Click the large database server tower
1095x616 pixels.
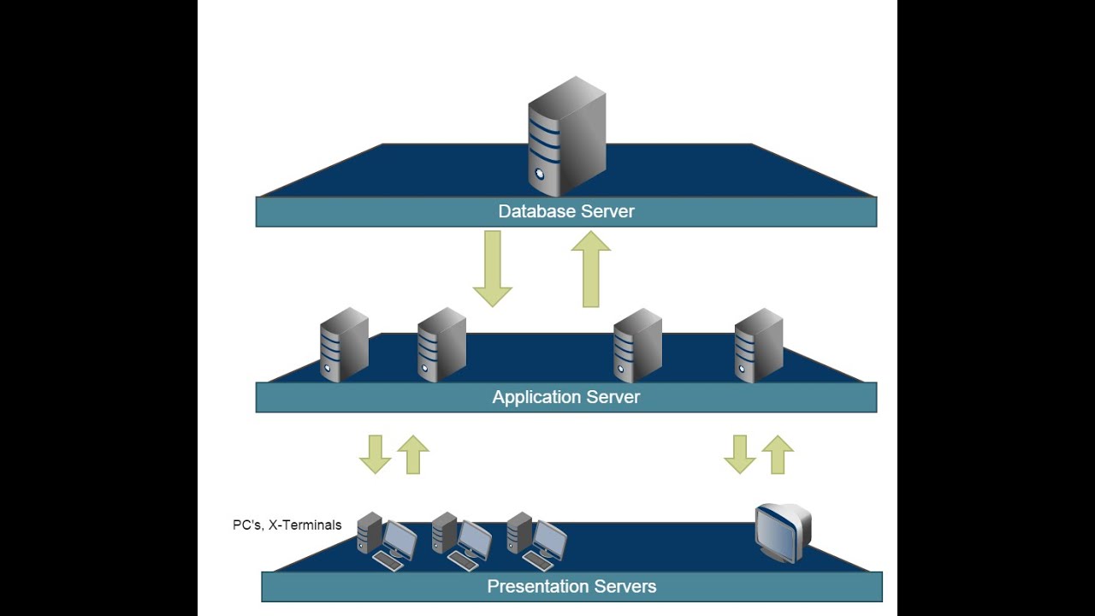(566, 137)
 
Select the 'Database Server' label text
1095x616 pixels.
(566, 211)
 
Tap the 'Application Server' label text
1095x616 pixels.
(565, 397)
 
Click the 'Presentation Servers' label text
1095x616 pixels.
(571, 586)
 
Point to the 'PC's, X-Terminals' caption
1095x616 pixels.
(287, 525)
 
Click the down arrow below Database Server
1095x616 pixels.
(492, 269)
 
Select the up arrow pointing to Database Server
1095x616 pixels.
(590, 269)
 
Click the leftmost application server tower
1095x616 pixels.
(344, 345)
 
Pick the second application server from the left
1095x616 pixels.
(441, 345)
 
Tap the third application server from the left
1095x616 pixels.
(637, 345)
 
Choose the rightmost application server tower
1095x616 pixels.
(759, 345)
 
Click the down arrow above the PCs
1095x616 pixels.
(375, 454)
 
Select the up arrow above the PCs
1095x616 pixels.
(413, 454)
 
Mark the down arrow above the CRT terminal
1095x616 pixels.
(740, 454)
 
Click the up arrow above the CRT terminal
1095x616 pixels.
(778, 454)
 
